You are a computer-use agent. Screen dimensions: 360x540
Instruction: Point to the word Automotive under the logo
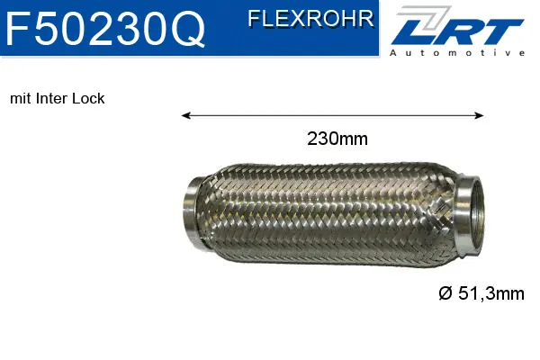457,53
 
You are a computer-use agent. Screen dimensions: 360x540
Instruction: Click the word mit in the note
19,98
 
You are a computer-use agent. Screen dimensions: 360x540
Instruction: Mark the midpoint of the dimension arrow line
333,115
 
